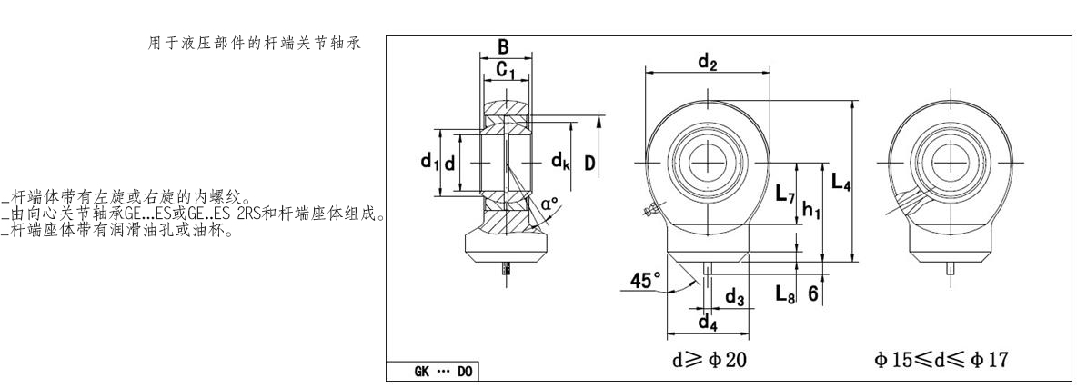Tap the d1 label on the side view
[425, 162]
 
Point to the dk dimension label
[561, 162]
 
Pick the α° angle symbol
[549, 204]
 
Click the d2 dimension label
[707, 61]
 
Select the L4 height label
[841, 185]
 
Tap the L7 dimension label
[784, 195]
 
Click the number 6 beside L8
[815, 293]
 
